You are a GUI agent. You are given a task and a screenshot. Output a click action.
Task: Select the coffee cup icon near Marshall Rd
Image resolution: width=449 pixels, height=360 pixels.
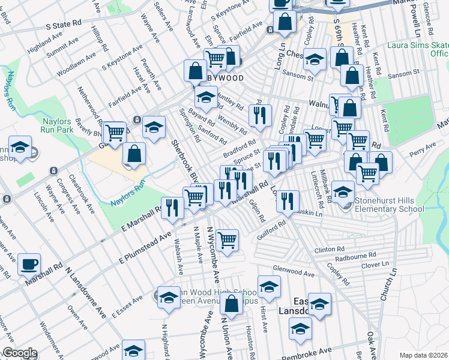pos(29,264)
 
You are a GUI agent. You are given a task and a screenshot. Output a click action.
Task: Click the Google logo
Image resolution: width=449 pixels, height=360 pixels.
pos(19,353)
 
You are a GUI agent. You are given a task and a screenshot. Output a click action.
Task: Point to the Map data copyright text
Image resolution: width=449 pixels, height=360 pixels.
pos(423,355)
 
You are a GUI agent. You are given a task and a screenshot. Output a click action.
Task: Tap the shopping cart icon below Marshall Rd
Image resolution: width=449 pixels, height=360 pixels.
pos(227,240)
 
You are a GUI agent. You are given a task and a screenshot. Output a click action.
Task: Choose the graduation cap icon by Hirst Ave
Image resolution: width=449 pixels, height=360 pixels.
pos(269,286)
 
